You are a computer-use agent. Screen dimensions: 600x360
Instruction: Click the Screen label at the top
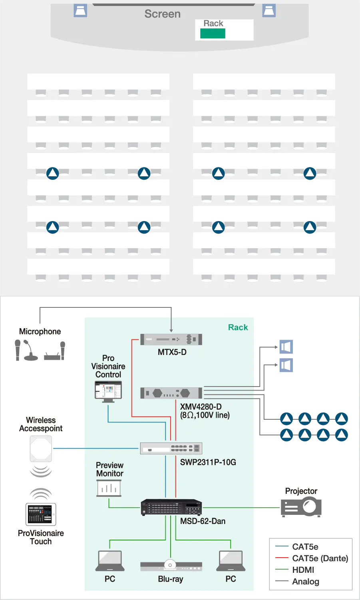[162, 14]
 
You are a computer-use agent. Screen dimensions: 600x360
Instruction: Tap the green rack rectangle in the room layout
[213, 34]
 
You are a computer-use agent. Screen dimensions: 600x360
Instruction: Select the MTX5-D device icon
[171, 339]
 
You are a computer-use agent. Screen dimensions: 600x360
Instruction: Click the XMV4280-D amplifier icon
[171, 393]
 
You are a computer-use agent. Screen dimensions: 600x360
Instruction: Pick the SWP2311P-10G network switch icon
[171, 448]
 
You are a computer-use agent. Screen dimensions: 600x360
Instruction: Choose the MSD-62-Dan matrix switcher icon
[171, 507]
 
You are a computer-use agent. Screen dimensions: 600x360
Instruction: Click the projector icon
[302, 507]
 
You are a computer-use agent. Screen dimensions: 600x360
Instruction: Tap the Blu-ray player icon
[171, 566]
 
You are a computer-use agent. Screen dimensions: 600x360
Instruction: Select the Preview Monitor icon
[109, 488]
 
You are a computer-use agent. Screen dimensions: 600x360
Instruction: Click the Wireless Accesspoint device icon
[41, 448]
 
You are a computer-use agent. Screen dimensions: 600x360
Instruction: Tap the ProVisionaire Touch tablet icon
[41, 514]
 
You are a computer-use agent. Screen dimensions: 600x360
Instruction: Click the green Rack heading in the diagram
[238, 327]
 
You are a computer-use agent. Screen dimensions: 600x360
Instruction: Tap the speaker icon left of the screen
[80, 10]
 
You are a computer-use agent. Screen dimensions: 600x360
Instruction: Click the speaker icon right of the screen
[269, 10]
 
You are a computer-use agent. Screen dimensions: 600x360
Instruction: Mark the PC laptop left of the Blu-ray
[110, 561]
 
